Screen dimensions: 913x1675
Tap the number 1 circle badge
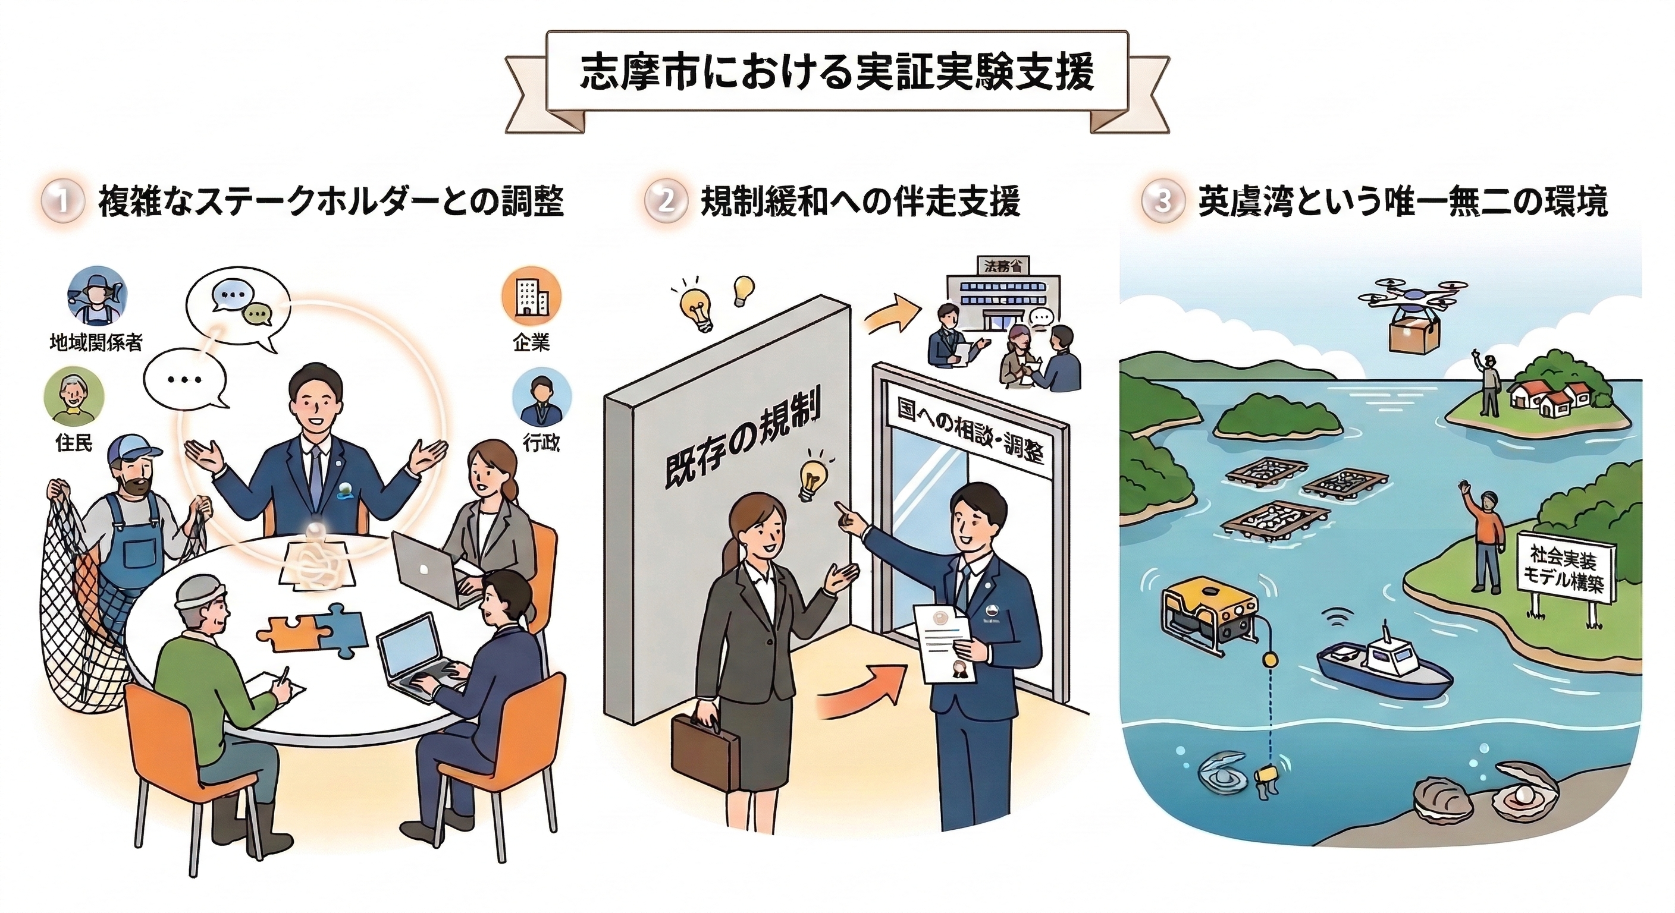pyautogui.click(x=62, y=202)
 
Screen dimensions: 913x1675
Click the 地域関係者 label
pyautogui.click(x=96, y=342)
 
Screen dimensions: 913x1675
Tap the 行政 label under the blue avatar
pyautogui.click(x=541, y=443)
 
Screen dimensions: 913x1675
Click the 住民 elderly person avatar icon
pyautogui.click(x=74, y=396)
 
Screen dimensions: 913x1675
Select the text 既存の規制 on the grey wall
pyautogui.click(x=740, y=439)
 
